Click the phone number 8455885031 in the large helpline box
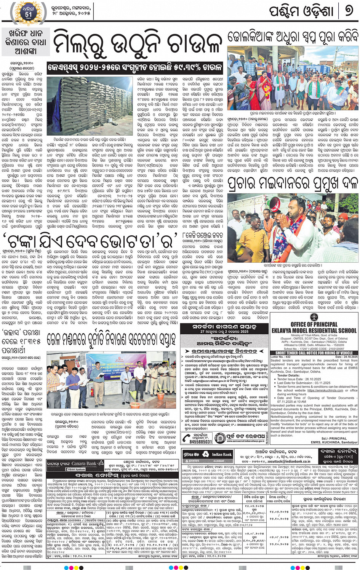[200, 441]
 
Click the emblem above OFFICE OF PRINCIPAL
[314, 317]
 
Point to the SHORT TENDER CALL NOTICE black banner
[314, 353]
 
